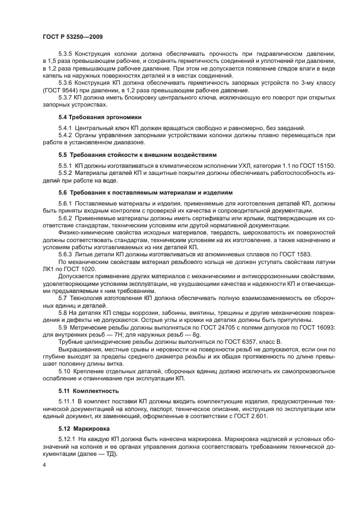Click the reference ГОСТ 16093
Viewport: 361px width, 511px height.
point(315,326)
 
